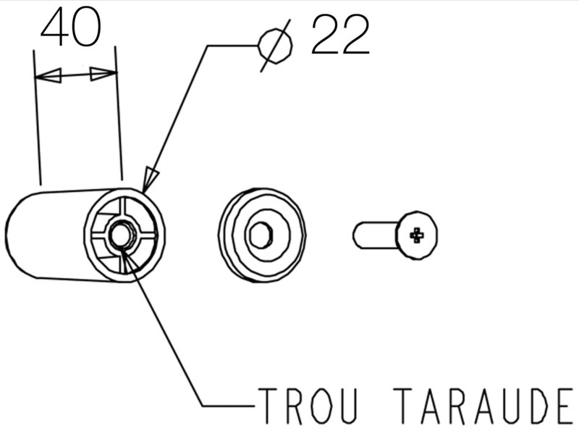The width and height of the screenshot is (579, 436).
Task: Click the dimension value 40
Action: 70,27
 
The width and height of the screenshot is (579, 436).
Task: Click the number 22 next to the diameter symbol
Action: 340,35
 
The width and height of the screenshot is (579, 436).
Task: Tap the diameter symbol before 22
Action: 276,46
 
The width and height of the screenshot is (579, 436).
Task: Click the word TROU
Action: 308,406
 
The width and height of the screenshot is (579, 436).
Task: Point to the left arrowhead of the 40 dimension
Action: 48,76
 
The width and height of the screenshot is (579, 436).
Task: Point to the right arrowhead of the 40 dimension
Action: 103,74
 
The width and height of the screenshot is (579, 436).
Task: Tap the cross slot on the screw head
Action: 418,235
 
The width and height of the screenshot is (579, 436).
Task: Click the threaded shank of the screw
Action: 375,235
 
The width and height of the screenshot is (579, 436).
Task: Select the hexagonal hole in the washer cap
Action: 261,234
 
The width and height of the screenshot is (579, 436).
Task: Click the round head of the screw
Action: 418,235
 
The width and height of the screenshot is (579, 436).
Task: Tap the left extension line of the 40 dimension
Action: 38,117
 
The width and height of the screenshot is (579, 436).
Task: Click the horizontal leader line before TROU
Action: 229,406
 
